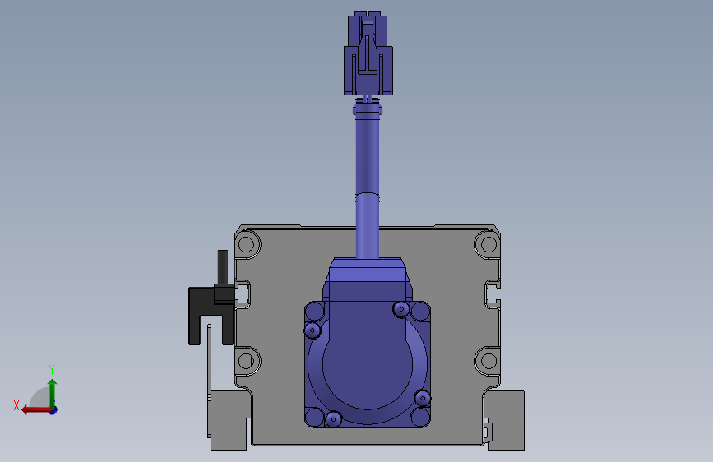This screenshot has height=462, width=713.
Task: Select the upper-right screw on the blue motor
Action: coord(401,309)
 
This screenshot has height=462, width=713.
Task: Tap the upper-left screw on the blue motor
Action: coord(312,330)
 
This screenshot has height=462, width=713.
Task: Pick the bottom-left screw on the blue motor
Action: coord(333,419)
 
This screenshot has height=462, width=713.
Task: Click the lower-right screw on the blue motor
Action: coord(423,399)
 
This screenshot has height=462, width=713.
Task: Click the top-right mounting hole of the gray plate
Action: coord(486,243)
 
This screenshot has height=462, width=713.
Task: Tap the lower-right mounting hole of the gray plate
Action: coord(486,359)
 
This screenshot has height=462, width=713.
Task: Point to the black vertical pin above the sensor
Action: coord(222,267)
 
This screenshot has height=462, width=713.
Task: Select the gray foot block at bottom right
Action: coord(505,420)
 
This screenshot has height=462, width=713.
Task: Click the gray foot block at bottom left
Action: coord(229,421)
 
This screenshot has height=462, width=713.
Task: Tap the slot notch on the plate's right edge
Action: coord(493,292)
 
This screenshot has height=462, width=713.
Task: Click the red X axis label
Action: coord(16,405)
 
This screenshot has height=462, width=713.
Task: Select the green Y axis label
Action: coord(51,369)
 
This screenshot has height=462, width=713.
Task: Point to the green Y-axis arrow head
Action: coord(52,382)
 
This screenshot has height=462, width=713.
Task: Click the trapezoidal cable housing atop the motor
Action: coord(368,278)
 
